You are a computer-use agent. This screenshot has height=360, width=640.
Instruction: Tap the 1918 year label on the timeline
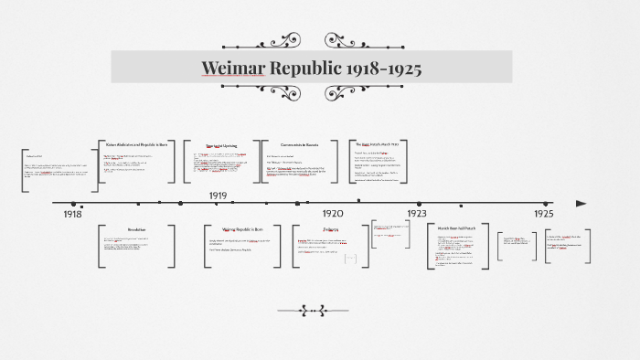(x=72, y=213)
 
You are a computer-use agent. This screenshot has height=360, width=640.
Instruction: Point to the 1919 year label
(x=218, y=196)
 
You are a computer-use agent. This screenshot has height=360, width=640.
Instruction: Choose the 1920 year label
(x=332, y=213)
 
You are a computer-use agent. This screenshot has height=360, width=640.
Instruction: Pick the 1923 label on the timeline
(x=417, y=213)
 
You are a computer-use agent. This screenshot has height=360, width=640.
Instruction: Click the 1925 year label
(x=544, y=213)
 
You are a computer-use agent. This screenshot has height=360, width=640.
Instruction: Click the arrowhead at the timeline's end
(x=581, y=203)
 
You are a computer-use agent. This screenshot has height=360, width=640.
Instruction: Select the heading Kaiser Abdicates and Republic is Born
(x=135, y=144)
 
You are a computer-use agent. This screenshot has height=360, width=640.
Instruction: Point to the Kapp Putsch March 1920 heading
(x=378, y=144)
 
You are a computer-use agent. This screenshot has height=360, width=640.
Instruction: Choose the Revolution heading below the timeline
(x=135, y=229)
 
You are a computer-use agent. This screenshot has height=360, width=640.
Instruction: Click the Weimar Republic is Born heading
(x=242, y=229)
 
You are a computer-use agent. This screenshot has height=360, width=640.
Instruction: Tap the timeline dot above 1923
(x=420, y=203)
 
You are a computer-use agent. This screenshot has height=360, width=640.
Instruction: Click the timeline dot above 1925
(x=546, y=203)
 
